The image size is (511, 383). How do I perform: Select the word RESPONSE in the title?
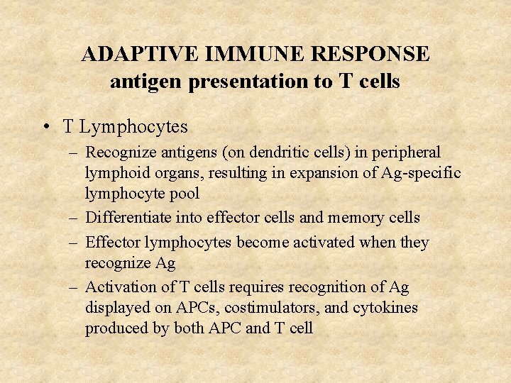pos(373,55)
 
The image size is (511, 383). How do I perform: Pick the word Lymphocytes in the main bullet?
pos(133,127)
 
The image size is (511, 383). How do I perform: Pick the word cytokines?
pos(383,308)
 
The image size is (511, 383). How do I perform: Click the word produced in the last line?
pos(115,328)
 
